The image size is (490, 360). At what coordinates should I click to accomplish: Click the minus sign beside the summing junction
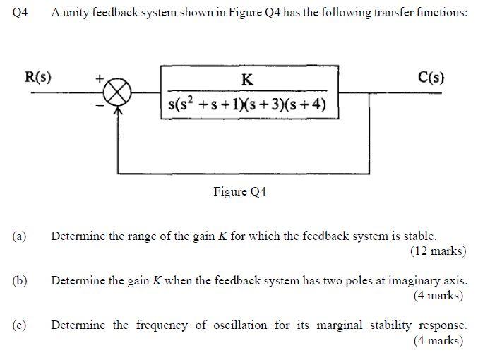coord(100,106)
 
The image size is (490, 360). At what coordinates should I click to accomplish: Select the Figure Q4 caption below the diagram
coord(239,191)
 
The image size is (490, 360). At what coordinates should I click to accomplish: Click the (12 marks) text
coord(437,251)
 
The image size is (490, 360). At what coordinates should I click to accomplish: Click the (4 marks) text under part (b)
coord(439,295)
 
